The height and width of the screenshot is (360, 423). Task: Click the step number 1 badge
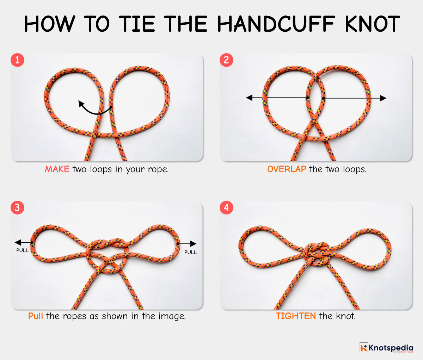click(x=17, y=60)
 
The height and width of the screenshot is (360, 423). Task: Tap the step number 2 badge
click(x=226, y=60)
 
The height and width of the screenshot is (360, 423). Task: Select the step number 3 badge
click(x=17, y=207)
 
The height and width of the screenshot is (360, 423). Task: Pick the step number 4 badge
click(x=226, y=207)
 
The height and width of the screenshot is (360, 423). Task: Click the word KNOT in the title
click(x=372, y=24)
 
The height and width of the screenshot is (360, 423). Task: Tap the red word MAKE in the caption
click(x=57, y=169)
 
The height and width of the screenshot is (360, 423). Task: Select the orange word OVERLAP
click(x=286, y=169)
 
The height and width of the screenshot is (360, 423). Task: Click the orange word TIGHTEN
click(x=295, y=316)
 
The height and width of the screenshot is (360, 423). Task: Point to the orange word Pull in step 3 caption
click(x=36, y=316)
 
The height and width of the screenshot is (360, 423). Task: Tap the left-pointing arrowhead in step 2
click(x=250, y=98)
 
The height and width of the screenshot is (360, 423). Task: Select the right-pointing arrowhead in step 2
click(x=383, y=98)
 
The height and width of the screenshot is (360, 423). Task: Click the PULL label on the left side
click(x=22, y=250)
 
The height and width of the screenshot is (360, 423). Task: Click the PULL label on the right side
click(x=190, y=252)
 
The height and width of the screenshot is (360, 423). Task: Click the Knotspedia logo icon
click(x=363, y=348)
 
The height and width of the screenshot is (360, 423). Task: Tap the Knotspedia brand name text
click(x=391, y=347)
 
